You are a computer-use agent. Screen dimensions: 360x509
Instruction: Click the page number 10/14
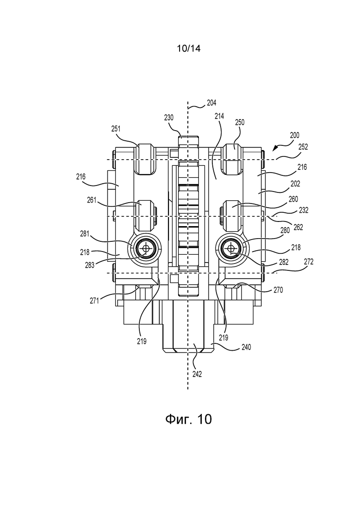click(189, 48)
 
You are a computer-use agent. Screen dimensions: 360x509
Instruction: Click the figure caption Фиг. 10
click(188, 419)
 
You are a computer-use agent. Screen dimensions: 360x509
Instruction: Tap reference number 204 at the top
click(211, 103)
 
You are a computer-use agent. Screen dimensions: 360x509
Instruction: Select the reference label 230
click(169, 118)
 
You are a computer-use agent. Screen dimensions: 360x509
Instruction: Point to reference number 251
click(115, 129)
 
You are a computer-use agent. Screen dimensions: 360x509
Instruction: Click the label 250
click(240, 122)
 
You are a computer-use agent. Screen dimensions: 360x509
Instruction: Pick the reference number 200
click(294, 135)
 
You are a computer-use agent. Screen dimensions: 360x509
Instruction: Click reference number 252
click(303, 147)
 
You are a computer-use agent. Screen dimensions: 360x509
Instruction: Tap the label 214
click(219, 116)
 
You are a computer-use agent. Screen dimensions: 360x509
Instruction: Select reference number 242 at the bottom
click(197, 374)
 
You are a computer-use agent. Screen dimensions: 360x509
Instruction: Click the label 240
click(246, 347)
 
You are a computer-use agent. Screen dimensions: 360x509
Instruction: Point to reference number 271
click(95, 300)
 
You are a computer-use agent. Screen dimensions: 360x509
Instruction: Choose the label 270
click(278, 290)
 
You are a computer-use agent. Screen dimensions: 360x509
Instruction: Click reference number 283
click(90, 265)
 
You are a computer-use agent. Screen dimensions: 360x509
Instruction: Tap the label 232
click(304, 210)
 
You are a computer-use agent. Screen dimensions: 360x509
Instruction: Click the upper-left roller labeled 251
click(145, 158)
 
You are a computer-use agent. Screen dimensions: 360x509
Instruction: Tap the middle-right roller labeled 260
click(231, 216)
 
